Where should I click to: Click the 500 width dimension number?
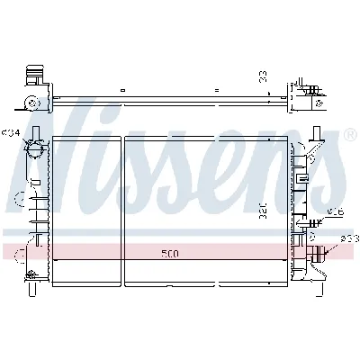[170, 254]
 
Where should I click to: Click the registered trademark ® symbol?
[348, 134]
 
